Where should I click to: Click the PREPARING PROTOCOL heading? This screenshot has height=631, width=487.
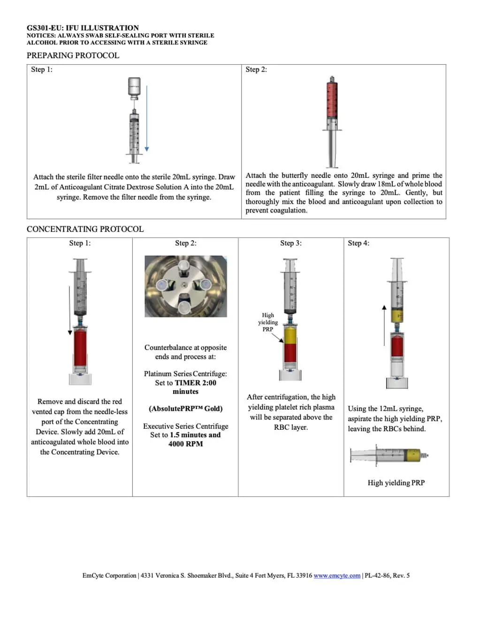coord(73,55)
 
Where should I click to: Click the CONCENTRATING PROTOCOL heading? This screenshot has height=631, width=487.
coord(85,229)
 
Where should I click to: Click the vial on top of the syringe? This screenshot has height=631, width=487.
coord(134,88)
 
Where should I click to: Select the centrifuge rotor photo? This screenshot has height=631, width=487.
coord(186,286)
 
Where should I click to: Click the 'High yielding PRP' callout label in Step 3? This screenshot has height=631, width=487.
coord(268,322)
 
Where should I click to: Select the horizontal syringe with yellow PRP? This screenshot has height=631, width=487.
coord(389,455)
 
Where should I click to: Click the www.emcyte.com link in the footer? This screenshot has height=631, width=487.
coord(337,576)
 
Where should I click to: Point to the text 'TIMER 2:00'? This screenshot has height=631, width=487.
coord(196,383)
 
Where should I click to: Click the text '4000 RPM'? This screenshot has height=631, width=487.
coord(186,444)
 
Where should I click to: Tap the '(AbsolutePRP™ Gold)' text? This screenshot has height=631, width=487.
coord(186,409)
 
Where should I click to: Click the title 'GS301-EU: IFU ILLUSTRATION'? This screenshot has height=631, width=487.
coord(83,28)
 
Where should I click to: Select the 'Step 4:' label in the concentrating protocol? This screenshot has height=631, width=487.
coord(358,243)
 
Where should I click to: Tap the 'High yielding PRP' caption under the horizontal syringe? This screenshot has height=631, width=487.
coord(396,483)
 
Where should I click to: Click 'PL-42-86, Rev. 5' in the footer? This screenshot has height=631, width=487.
coord(387,576)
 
